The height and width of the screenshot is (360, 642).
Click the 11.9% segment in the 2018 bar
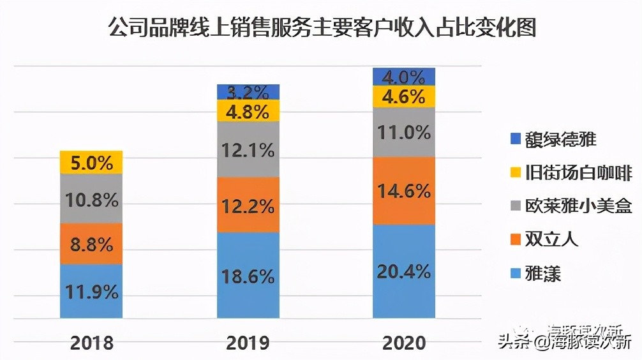click(x=91, y=291)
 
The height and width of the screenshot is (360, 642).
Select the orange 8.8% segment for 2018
click(x=91, y=244)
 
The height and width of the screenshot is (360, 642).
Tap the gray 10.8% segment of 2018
click(x=91, y=199)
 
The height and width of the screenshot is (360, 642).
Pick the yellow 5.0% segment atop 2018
click(x=91, y=163)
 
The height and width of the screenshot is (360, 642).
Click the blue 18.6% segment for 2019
click(x=248, y=275)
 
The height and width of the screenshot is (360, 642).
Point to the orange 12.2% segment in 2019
click(x=248, y=205)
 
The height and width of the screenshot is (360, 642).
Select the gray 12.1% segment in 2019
click(x=248, y=150)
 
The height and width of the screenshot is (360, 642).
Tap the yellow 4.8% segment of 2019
click(x=248, y=111)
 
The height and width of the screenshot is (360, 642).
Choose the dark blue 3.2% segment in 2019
click(x=248, y=92)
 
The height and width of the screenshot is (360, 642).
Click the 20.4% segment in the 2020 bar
click(x=404, y=271)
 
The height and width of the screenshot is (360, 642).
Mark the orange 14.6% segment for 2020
click(x=404, y=191)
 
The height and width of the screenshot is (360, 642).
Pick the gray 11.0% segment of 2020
click(x=404, y=132)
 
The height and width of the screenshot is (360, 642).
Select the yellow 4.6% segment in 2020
click(x=404, y=97)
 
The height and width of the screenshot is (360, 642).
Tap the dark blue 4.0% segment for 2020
click(x=404, y=77)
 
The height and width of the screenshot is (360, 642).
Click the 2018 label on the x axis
click(x=91, y=343)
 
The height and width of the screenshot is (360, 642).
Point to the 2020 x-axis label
click(x=404, y=343)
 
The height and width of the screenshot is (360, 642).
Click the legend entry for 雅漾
click(x=542, y=274)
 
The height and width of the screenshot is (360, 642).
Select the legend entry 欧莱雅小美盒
click(x=571, y=207)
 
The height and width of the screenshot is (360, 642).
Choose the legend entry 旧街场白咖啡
click(x=571, y=173)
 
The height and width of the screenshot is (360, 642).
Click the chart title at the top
click(x=321, y=29)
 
